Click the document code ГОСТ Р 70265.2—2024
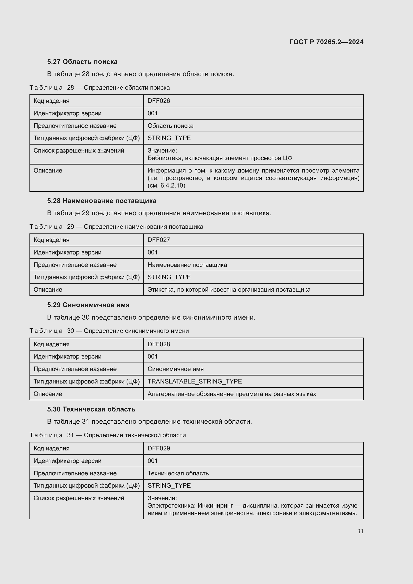coord(326,42)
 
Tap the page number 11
coord(360,531)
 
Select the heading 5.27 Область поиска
coord(82,62)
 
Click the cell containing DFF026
coord(159,101)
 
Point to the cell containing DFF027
coord(159,240)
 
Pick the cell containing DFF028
coord(159,344)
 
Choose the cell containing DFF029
coord(159,448)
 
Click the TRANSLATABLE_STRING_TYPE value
coord(195,381)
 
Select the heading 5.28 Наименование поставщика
coord(102,201)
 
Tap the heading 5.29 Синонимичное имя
coord(88,305)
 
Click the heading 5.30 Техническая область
coord(91,409)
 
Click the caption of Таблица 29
coord(116,227)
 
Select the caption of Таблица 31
coord(108,435)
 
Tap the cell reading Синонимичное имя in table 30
coord(176,369)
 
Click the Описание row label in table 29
coord(48,289)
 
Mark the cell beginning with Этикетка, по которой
coord(229,289)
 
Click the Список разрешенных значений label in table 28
coord(79,151)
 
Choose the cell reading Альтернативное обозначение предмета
coord(232,394)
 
